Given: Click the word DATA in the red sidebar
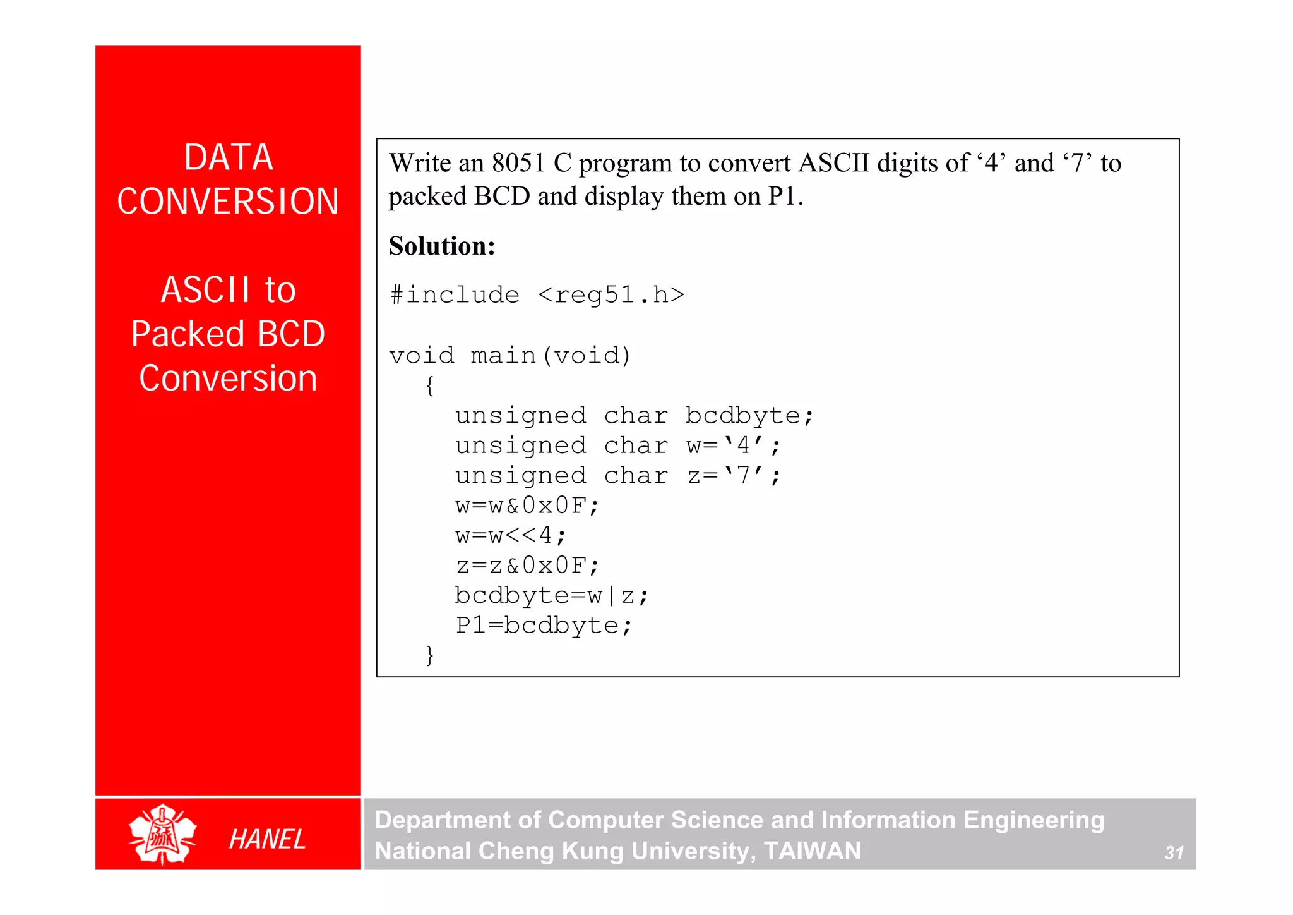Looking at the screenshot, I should click(228, 157).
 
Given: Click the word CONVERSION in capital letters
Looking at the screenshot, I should click(228, 202).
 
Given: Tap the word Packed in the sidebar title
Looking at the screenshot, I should click(188, 334).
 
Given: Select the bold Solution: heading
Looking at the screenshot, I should click(442, 246).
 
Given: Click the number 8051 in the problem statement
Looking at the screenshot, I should click(518, 163).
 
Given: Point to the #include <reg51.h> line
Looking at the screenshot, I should click(537, 295).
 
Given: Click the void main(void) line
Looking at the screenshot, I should click(510, 355).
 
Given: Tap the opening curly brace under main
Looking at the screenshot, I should click(430, 385).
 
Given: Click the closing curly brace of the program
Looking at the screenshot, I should click(430, 655).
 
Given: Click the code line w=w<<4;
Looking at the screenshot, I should click(511, 535).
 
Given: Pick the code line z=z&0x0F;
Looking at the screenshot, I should click(527, 565).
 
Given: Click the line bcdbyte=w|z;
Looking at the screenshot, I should click(551, 595).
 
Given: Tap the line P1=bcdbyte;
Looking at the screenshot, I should click(544, 625).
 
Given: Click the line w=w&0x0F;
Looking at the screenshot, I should click(527, 506).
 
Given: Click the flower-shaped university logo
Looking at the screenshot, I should click(162, 834).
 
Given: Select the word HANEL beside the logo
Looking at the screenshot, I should click(267, 839).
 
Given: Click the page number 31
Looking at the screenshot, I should click(1174, 853).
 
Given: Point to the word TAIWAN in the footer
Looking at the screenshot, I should click(812, 851).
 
